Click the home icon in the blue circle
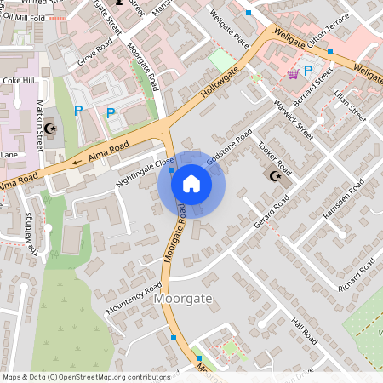click(x=191, y=184)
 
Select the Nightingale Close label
click(x=145, y=169)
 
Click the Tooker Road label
click(x=274, y=156)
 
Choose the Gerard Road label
click(x=272, y=212)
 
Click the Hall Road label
click(x=303, y=332)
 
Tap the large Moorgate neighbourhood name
click(x=182, y=300)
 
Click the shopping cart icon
click(x=293, y=74)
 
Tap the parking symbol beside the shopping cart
click(x=308, y=71)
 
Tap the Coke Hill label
click(x=17, y=81)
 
